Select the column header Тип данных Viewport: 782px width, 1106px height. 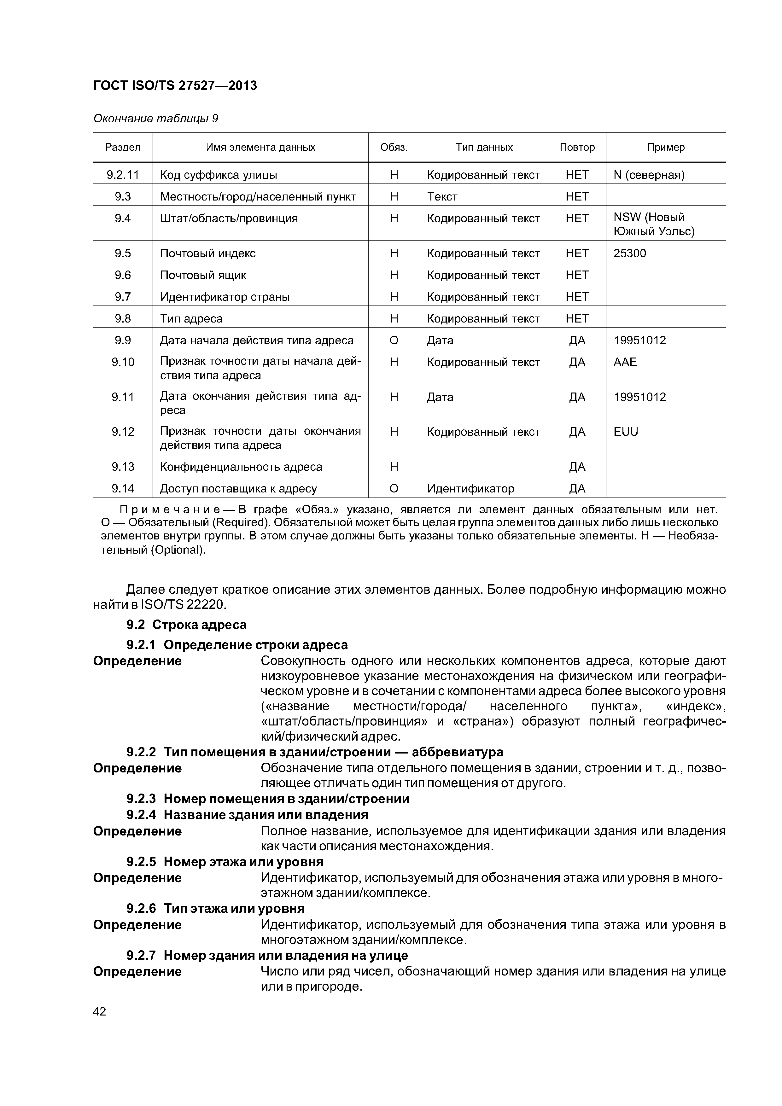pyautogui.click(x=484, y=148)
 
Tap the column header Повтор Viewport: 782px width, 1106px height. pyautogui.click(x=577, y=148)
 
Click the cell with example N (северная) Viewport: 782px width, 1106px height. pyautogui.click(x=649, y=175)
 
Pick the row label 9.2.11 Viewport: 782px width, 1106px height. pyautogui.click(x=123, y=175)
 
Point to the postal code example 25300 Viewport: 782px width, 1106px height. pyautogui.click(x=629, y=253)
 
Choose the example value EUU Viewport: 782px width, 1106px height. pyautogui.click(x=625, y=432)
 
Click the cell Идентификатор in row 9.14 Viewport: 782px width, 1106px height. pyautogui.click(x=470, y=488)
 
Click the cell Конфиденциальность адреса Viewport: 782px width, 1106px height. pyautogui.click(x=241, y=467)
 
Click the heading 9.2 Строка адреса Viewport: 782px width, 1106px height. pyautogui.click(x=186, y=625)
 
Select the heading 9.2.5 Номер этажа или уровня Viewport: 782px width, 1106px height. pyautogui.click(x=225, y=861)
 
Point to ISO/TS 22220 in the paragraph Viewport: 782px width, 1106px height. pyautogui.click(x=184, y=604)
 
